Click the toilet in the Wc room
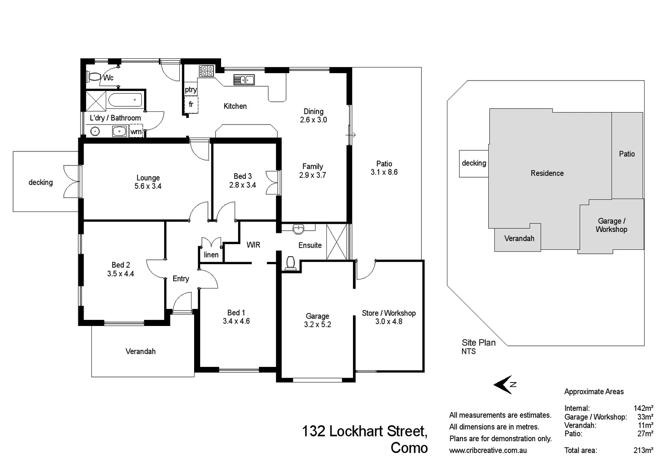(x=93, y=77)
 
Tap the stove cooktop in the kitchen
(x=206, y=71)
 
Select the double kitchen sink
(x=244, y=80)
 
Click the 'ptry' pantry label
(x=191, y=90)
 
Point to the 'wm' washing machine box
(x=136, y=131)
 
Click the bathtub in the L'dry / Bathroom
(x=125, y=100)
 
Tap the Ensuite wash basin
(x=298, y=228)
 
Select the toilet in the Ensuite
(x=290, y=263)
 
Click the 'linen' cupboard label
(x=211, y=255)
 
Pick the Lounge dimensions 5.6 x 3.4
(x=148, y=186)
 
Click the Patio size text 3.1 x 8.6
(x=384, y=172)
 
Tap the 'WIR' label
(x=253, y=245)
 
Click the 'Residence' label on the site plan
(x=547, y=173)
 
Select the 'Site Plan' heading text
(x=478, y=343)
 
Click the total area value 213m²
(x=643, y=450)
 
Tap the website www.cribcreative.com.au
(x=488, y=450)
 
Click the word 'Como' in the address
(x=409, y=448)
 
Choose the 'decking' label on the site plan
(x=474, y=163)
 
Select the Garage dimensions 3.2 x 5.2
(x=317, y=325)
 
